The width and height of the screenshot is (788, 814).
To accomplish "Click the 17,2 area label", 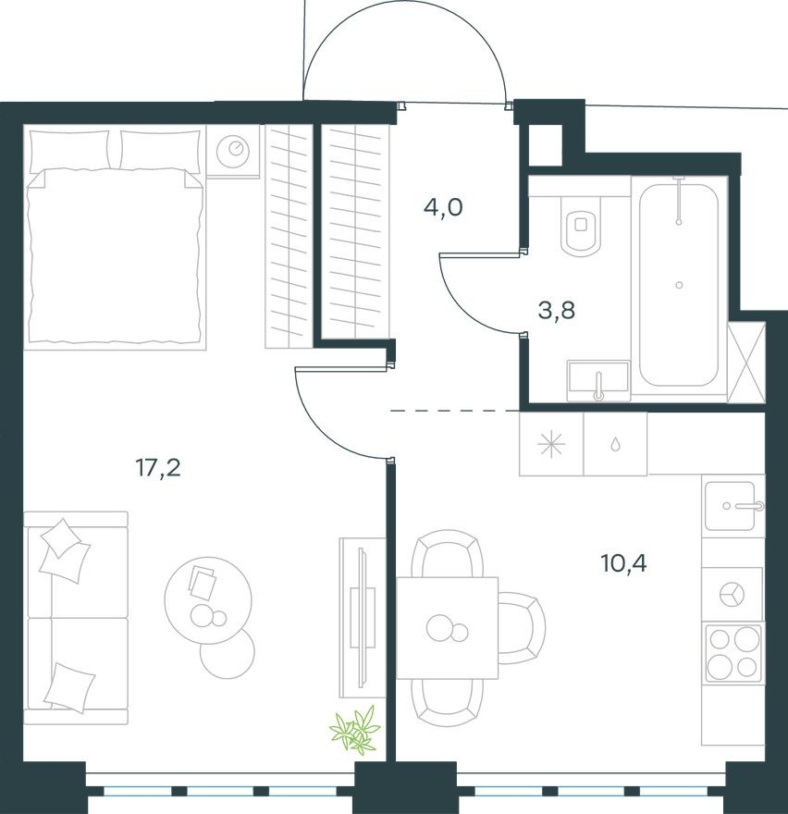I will click(157, 468).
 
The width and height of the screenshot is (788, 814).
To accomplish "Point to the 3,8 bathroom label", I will click(557, 310).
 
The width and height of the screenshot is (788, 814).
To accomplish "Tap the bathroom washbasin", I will click(598, 380).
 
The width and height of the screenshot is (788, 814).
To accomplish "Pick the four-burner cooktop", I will click(733, 653).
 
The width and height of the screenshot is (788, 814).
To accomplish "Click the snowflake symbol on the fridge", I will click(551, 444).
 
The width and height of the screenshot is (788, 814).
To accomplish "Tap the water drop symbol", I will click(615, 444).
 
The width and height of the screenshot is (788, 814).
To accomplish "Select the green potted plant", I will click(355, 729).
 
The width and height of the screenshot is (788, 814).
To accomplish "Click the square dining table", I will click(448, 628).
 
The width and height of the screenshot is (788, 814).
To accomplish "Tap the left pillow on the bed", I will click(69, 150).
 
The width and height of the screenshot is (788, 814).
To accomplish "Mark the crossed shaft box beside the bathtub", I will click(746, 363).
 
